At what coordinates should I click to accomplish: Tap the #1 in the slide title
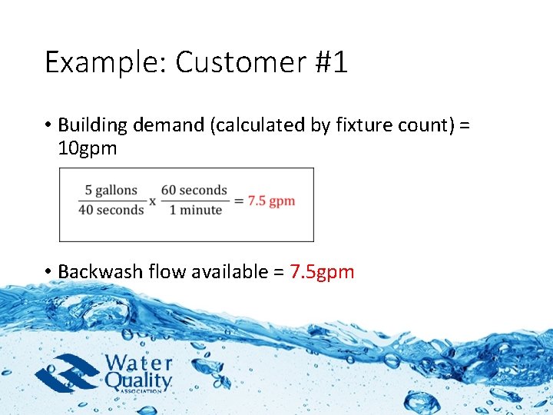tap(329, 62)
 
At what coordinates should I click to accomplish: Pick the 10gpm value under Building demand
tap(88, 148)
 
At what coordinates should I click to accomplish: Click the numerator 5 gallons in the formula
tap(111, 190)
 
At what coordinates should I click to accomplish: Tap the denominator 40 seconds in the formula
tap(111, 210)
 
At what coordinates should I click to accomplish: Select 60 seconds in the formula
tap(194, 190)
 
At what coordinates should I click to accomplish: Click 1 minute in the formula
tap(196, 210)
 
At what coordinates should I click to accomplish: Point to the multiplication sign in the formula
tap(152, 201)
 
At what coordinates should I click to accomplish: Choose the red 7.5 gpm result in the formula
tap(271, 201)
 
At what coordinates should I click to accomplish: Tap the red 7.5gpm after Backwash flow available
tap(323, 271)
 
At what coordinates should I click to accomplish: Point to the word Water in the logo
tap(138, 363)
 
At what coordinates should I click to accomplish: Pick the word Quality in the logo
tap(138, 380)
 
